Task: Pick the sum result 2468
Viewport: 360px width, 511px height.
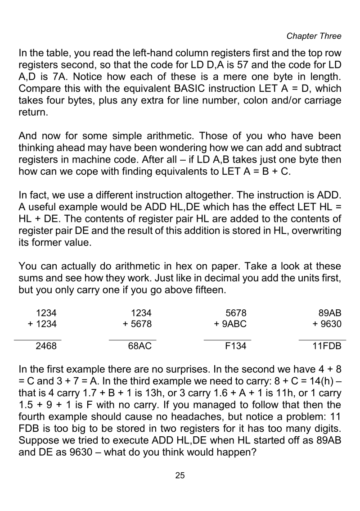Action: point(47,347)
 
